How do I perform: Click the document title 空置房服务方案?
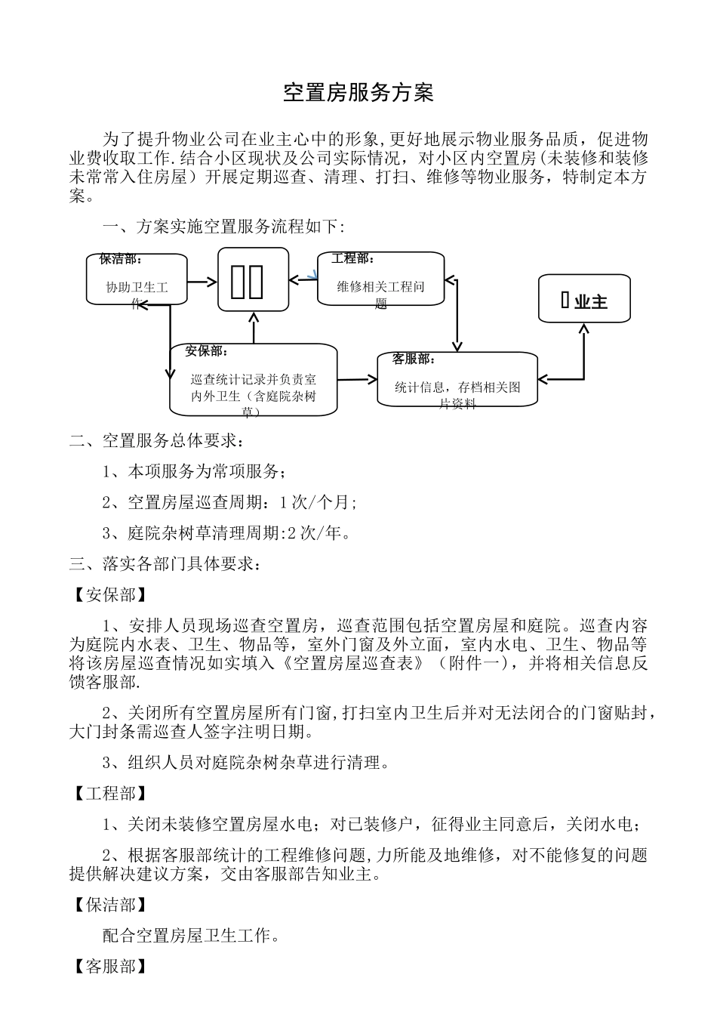(x=358, y=93)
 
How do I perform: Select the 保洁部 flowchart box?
(x=137, y=279)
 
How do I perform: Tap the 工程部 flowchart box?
(x=380, y=279)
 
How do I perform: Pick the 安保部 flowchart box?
(x=253, y=380)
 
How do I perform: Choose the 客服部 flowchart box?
(x=457, y=379)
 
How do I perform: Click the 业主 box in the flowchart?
(x=584, y=300)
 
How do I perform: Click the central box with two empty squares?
(x=254, y=279)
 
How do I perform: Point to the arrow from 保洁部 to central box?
(x=202, y=282)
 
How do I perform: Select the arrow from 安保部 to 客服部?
(x=356, y=379)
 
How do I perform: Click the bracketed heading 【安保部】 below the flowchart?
(x=106, y=595)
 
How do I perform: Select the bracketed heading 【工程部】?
(x=106, y=793)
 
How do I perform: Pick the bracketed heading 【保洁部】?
(x=106, y=905)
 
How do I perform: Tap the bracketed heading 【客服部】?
(x=106, y=967)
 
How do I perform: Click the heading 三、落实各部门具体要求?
(x=165, y=564)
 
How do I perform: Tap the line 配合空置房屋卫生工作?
(x=192, y=936)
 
